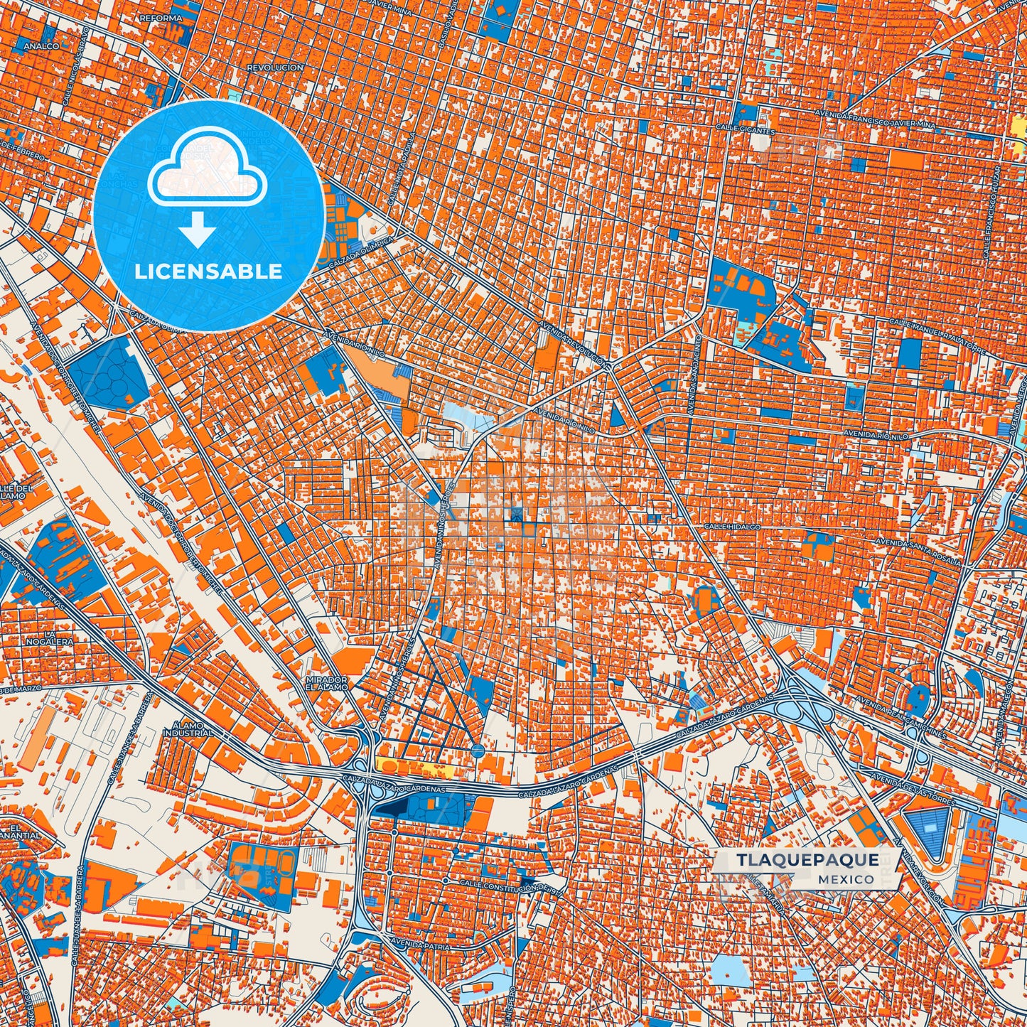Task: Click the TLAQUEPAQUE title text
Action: (807, 861)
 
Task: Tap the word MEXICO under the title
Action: (846, 879)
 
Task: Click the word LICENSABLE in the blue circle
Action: (209, 271)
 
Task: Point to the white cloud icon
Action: (207, 168)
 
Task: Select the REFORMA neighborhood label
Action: (161, 17)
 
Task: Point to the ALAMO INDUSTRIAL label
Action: (188, 728)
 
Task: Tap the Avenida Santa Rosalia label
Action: (918, 552)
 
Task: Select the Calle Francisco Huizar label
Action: (992, 213)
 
